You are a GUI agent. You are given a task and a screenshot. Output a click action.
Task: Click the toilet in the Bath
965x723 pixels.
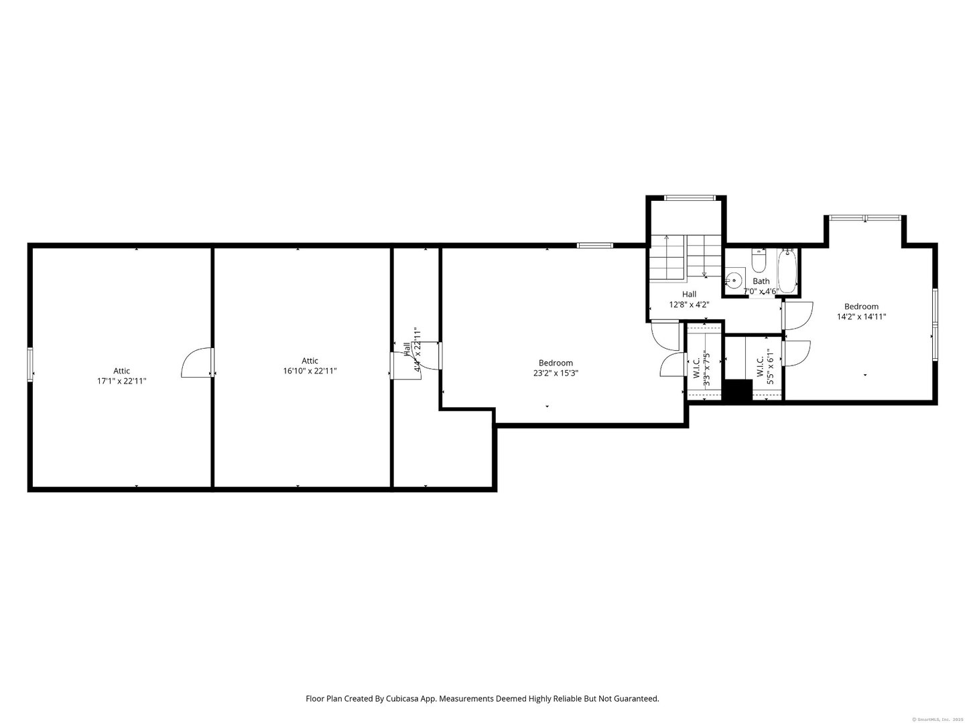pyautogui.click(x=759, y=260)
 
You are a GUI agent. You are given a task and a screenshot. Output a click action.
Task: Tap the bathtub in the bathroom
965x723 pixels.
pyautogui.click(x=788, y=271)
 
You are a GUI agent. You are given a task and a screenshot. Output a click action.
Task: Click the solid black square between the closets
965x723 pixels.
pyautogui.click(x=739, y=392)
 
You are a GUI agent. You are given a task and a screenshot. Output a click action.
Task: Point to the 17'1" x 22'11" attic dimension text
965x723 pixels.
pyautogui.click(x=121, y=381)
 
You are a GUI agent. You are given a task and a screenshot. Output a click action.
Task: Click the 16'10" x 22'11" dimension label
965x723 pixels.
pyautogui.click(x=310, y=370)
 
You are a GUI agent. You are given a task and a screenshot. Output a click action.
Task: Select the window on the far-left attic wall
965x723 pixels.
pyautogui.click(x=30, y=365)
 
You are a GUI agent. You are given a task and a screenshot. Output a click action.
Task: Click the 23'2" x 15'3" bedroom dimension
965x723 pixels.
pyautogui.click(x=556, y=374)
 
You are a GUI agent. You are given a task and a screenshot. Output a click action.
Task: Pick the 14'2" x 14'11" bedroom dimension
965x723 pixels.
pyautogui.click(x=861, y=317)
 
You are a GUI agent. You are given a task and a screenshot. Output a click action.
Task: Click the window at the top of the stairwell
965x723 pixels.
pyautogui.click(x=689, y=197)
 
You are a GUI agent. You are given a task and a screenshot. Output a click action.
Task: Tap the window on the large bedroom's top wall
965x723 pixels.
pyautogui.click(x=595, y=246)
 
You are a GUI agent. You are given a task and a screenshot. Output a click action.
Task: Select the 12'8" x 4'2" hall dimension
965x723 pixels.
pyautogui.click(x=689, y=304)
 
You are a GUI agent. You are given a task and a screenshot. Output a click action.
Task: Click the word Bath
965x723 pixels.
pyautogui.click(x=761, y=281)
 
